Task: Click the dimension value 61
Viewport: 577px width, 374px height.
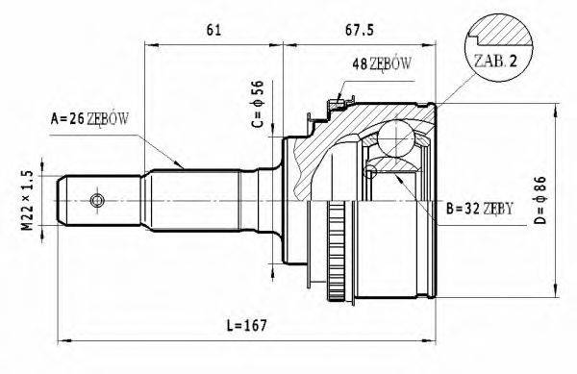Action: [x=214, y=29]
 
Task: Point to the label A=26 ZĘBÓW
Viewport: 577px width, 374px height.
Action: [x=90, y=119]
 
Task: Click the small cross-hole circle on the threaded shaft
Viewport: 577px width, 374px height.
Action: [x=96, y=200]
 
